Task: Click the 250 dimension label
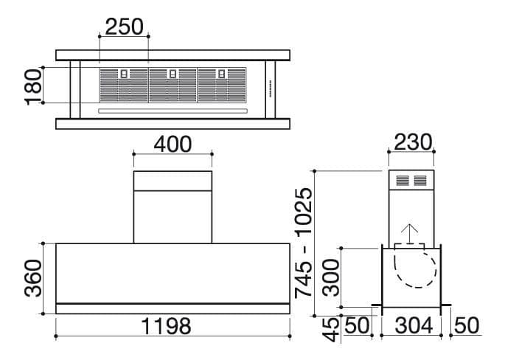click(x=124, y=27)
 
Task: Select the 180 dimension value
click(x=32, y=86)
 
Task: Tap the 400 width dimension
click(x=172, y=144)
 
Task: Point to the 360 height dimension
click(x=32, y=278)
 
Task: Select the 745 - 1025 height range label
click(x=303, y=243)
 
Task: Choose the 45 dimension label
click(x=332, y=328)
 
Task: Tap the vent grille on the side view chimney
click(x=411, y=181)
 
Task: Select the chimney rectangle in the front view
click(x=173, y=207)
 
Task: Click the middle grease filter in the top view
click(x=173, y=86)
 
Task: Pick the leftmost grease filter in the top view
click(x=123, y=86)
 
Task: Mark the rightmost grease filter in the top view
click(x=221, y=86)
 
